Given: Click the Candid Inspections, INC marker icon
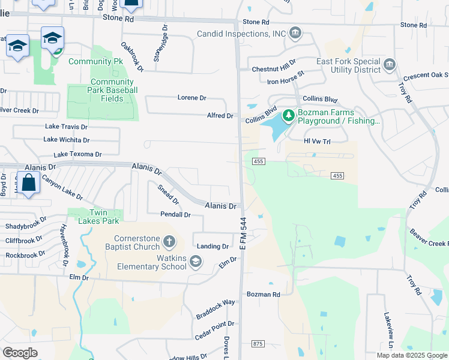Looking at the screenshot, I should point(295,33).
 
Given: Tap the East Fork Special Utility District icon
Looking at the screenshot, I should point(389,64).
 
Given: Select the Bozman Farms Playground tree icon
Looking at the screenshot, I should point(288,115).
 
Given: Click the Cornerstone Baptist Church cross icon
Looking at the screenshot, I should point(169,242).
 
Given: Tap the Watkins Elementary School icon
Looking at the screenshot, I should point(195,262).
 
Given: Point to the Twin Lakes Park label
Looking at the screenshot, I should point(95,217).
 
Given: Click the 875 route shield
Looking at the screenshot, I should point(258,343).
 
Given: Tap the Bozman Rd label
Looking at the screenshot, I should point(264,295).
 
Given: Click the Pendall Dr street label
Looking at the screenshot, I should point(175,214).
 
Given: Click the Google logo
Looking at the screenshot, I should point(20,352).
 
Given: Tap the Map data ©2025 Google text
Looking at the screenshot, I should point(412,355).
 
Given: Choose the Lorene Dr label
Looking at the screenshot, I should point(191,97).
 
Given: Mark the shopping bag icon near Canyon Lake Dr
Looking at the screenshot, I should point(28,183).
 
